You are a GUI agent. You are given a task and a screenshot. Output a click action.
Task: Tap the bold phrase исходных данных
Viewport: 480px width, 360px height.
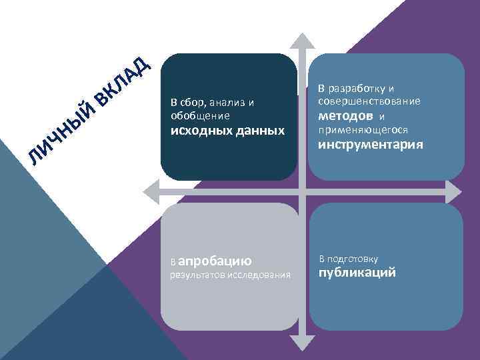click(x=227, y=130)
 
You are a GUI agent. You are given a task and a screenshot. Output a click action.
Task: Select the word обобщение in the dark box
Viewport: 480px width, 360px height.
click(x=200, y=115)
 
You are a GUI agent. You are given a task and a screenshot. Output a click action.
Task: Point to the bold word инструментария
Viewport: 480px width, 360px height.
click(x=370, y=145)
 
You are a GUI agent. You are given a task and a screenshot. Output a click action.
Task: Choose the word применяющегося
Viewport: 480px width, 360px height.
click(x=363, y=129)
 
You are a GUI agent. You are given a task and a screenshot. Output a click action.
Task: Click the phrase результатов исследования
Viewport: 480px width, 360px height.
click(x=231, y=274)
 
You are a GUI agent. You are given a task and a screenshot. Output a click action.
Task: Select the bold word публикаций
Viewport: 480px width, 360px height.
click(x=357, y=272)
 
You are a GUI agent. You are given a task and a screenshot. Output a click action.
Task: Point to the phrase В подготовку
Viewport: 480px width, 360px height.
click(x=349, y=259)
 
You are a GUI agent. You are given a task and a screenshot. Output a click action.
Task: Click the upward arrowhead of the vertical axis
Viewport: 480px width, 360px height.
click(x=303, y=39)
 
